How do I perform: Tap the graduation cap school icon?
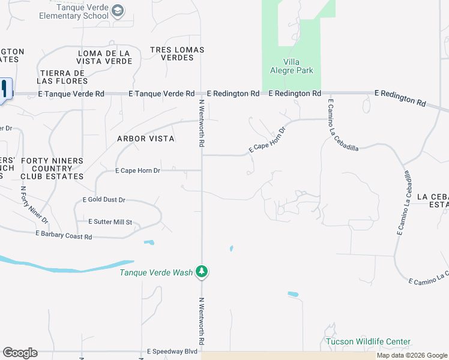[118, 10]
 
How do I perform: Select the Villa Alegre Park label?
[292, 66]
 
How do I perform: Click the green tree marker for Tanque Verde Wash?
[203, 272]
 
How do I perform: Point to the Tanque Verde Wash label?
[156, 272]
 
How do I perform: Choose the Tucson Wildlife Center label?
[368, 342]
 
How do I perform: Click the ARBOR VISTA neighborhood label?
[146, 139]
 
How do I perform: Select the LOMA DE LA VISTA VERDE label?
[105, 58]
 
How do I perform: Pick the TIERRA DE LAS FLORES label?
[62, 77]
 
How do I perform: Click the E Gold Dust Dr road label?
[104, 200]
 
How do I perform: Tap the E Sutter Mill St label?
[110, 222]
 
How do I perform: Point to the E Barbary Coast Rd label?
[64, 235]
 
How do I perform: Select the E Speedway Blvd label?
[172, 352]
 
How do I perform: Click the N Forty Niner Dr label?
[34, 205]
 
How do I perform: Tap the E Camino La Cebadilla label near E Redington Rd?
[343, 128]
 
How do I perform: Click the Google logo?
[20, 353]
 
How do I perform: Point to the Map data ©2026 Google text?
[412, 356]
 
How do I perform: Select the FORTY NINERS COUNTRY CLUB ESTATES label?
[52, 169]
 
